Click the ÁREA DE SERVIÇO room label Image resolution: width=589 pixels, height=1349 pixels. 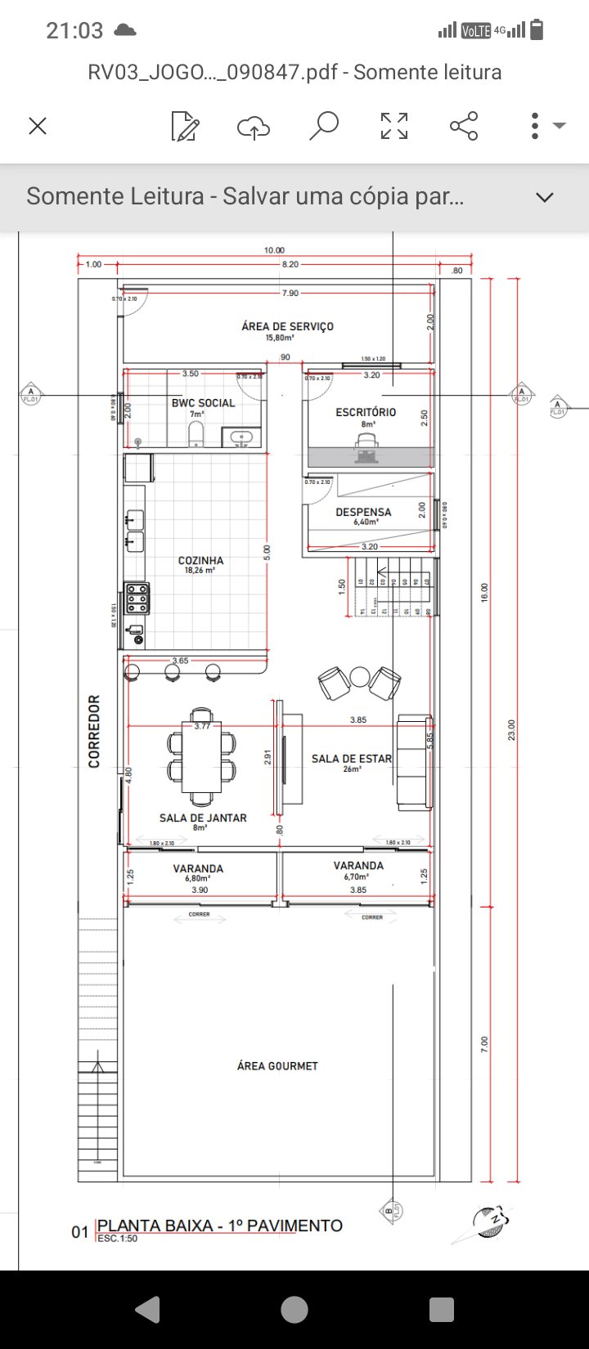[287, 326]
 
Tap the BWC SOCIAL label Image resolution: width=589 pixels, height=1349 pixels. [203, 403]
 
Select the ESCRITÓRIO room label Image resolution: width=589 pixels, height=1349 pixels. [366, 412]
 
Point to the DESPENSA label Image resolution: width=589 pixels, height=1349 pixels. [363, 513]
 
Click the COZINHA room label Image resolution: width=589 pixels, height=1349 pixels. [200, 561]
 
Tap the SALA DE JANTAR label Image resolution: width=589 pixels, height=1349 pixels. [203, 818]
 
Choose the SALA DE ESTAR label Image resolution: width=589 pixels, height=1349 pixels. [352, 759]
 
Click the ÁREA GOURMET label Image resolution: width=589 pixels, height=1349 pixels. [277, 1066]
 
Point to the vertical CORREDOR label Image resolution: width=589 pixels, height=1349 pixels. [94, 731]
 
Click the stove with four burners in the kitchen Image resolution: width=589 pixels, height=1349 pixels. [137, 598]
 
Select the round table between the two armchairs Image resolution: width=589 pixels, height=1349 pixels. [360, 677]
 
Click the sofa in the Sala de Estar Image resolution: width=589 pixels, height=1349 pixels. [414, 762]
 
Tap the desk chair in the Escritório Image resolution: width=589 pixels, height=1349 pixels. [366, 442]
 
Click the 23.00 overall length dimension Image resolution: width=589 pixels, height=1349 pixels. [512, 730]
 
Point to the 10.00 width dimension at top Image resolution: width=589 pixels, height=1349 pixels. [274, 250]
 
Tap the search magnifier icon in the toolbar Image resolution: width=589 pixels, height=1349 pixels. [324, 126]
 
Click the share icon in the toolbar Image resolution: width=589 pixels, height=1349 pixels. [464, 126]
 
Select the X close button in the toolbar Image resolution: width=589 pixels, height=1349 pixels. [38, 126]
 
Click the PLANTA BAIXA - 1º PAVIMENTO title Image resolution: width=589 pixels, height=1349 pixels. [219, 1226]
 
